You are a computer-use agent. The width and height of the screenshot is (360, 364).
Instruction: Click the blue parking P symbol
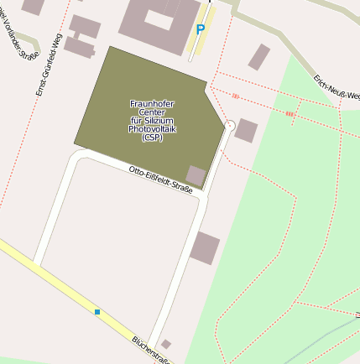point(200,29)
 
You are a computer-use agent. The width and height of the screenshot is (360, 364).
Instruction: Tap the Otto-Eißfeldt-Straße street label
point(160,180)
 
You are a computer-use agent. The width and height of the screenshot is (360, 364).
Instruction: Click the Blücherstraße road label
point(151,351)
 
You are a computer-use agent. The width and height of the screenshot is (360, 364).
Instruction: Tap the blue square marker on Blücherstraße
point(97,312)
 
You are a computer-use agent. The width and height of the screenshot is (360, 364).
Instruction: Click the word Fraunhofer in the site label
point(152,103)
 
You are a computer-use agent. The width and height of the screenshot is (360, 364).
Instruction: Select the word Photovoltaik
point(152,130)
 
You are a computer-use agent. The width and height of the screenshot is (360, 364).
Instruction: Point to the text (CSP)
point(152,138)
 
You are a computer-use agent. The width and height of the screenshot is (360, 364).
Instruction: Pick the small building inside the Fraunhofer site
point(196,175)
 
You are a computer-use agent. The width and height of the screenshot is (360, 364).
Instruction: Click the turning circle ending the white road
point(229,125)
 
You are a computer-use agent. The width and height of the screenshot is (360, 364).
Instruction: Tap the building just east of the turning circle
point(246,130)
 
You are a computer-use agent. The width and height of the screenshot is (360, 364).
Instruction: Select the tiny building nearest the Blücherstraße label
point(166,344)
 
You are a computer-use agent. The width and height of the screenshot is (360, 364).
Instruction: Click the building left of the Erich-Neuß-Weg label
point(259,57)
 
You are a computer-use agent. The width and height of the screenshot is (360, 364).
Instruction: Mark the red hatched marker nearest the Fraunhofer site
point(235,96)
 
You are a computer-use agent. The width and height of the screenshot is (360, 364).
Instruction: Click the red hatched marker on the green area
point(290,112)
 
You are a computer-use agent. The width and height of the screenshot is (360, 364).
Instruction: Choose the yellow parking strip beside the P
point(202,34)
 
